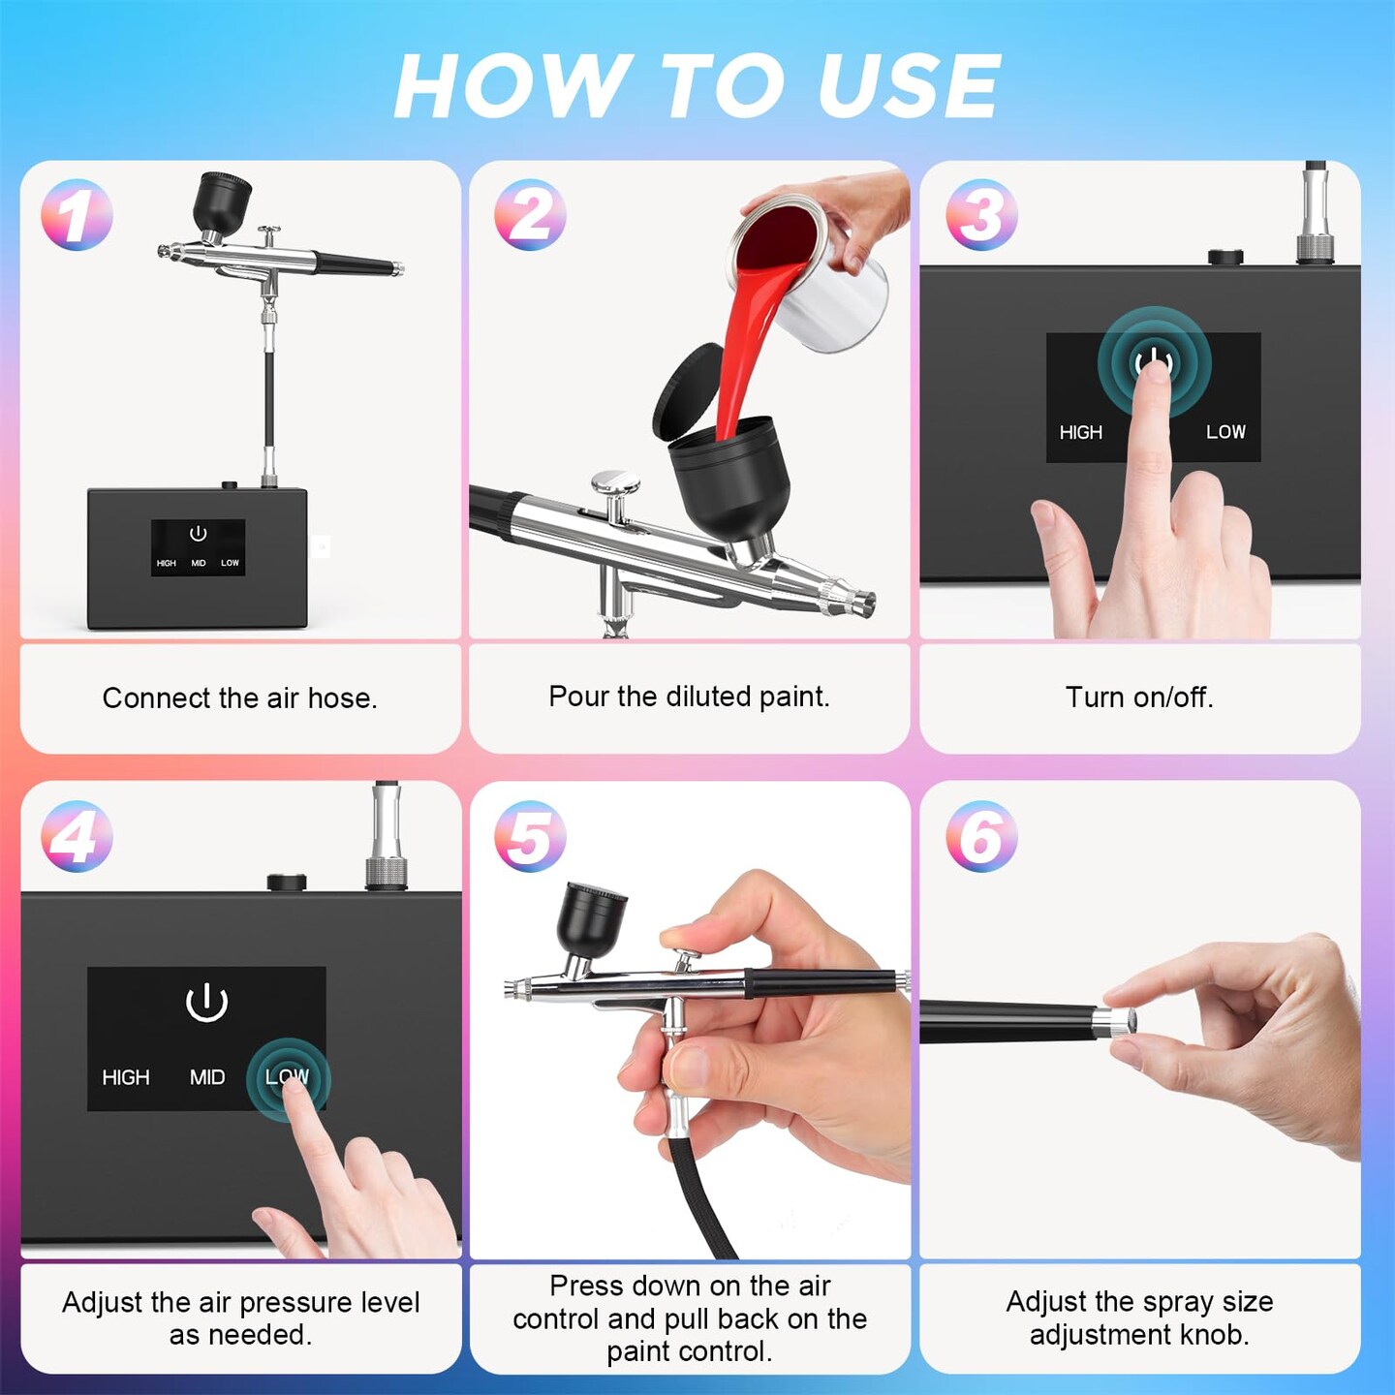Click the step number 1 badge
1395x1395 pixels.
(77, 215)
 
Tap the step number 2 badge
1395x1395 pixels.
(530, 215)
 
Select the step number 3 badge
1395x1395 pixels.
(981, 215)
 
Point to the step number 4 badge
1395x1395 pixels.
(77, 836)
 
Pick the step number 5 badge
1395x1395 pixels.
(530, 836)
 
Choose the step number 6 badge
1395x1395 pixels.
(981, 836)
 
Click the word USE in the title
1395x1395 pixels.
(910, 86)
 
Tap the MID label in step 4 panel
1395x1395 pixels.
(207, 1077)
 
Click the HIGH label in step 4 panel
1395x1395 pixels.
(126, 1077)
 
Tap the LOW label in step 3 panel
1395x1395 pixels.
(1225, 432)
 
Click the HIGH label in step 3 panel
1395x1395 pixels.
(1081, 432)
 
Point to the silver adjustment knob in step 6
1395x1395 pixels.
(1114, 1020)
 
